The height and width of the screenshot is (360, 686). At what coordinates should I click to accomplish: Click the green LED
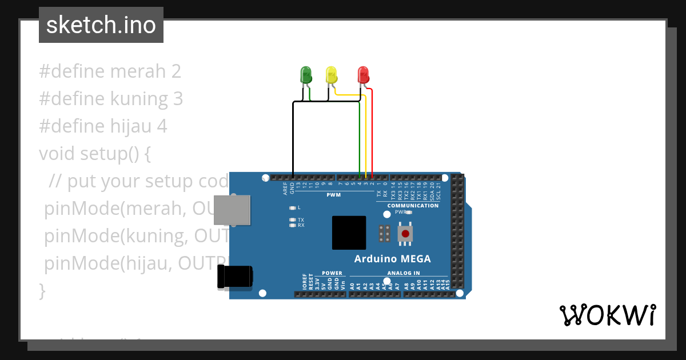click(x=306, y=75)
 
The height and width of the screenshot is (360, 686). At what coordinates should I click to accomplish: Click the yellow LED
click(x=331, y=75)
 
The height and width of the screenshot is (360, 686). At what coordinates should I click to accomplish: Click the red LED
click(x=363, y=75)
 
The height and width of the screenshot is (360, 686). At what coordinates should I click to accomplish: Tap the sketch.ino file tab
click(x=101, y=25)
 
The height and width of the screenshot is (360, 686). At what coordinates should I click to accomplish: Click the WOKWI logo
click(x=607, y=315)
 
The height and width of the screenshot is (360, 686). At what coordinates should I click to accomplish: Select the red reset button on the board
click(x=406, y=233)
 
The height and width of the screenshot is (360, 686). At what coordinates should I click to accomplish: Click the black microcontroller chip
click(x=349, y=233)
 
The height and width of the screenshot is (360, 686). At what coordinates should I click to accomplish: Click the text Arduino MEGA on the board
click(x=392, y=259)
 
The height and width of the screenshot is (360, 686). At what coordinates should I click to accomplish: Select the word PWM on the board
click(x=333, y=195)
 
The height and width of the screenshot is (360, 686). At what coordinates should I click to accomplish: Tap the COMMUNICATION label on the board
click(x=413, y=206)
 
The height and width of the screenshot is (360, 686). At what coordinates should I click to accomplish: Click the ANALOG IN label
click(x=403, y=273)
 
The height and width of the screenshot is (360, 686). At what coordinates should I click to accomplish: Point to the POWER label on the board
click(x=332, y=273)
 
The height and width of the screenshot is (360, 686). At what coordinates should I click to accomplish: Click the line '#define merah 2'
click(x=110, y=71)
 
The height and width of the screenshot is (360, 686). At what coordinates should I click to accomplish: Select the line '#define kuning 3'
click(x=111, y=99)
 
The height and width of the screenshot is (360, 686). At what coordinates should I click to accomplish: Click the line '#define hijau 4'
click(x=103, y=126)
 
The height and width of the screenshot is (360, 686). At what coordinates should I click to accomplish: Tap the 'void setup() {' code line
click(x=94, y=154)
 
